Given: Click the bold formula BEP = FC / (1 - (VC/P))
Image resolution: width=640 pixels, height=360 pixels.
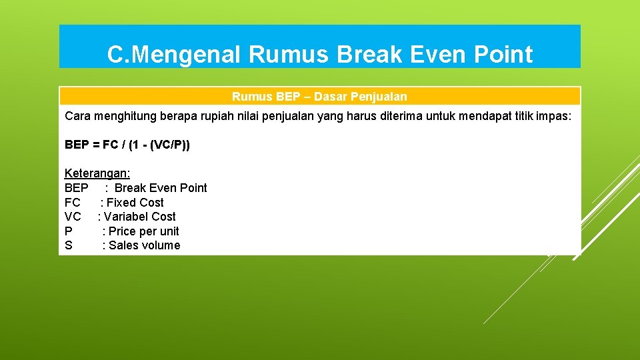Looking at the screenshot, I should click(127, 145).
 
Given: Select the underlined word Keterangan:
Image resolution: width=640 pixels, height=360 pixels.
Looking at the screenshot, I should click(93, 173).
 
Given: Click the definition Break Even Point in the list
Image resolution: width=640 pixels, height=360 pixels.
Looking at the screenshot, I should click(161, 188).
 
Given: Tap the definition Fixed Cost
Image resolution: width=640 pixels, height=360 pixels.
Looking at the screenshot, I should click(135, 203).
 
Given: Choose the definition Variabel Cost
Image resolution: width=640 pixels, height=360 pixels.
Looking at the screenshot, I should click(139, 217).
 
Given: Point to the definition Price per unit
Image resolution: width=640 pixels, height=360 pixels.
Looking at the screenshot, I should click(143, 231).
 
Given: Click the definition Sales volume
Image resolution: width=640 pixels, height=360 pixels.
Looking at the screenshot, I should click(144, 245).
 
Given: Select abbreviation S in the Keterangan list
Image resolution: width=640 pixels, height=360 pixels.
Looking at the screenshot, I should click(68, 245).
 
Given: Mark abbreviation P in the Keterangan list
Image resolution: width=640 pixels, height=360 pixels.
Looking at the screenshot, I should click(69, 231).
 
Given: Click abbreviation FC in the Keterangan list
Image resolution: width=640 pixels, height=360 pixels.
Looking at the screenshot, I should click(73, 203).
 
